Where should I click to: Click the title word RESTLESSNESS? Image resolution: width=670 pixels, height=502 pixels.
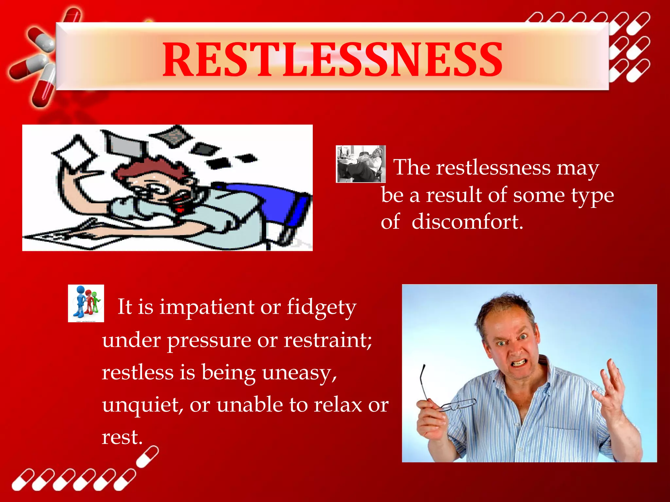pos(332,59)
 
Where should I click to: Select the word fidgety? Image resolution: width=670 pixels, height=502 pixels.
pos(322,307)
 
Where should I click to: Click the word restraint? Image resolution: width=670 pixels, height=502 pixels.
pos(327,340)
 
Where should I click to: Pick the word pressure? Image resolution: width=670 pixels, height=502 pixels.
pos(210,340)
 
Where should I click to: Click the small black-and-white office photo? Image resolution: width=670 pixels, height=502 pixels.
pos(361,164)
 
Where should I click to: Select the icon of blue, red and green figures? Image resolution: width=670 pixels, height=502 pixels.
pos(86,303)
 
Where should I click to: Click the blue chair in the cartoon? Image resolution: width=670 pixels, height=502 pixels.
pos(278,203)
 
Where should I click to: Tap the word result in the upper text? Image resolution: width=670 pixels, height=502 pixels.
pos(453,195)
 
